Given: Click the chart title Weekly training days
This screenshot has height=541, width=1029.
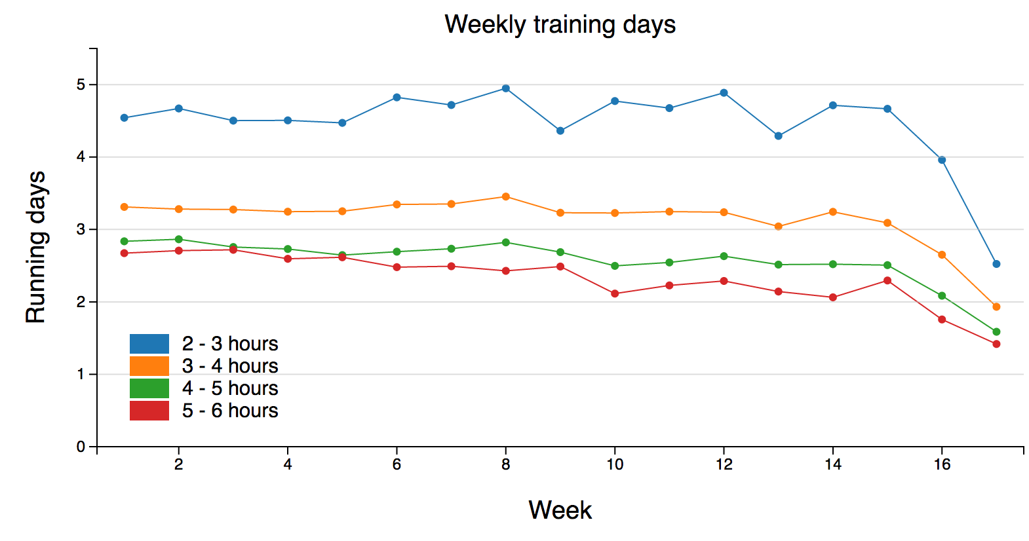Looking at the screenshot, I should pyautogui.click(x=560, y=25).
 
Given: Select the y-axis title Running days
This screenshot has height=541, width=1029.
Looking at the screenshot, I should pyautogui.click(x=35, y=247).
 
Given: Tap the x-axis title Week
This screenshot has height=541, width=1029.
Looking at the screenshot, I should pyautogui.click(x=560, y=510).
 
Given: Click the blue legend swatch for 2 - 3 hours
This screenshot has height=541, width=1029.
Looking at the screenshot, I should pyautogui.click(x=149, y=344).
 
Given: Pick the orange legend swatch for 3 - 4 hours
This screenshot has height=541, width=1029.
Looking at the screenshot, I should pyautogui.click(x=149, y=366).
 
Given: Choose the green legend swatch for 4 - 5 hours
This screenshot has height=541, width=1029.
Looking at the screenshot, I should pyautogui.click(x=149, y=388).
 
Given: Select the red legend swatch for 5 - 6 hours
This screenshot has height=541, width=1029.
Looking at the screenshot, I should pyautogui.click(x=149, y=411).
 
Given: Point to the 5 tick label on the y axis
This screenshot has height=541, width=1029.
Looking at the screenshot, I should pyautogui.click(x=81, y=84).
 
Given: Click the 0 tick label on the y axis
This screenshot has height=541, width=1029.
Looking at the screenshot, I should pyautogui.click(x=81, y=447).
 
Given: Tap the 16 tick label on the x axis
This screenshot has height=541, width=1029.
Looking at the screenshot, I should pyautogui.click(x=942, y=464).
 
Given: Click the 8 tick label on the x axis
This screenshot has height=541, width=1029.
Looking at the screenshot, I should pyautogui.click(x=505, y=464).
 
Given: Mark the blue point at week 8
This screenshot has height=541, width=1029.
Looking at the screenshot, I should pyautogui.click(x=505, y=88).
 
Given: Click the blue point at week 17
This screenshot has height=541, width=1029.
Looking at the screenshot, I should pyautogui.click(x=996, y=264).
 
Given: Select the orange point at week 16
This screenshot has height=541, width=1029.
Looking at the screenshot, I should pyautogui.click(x=942, y=255).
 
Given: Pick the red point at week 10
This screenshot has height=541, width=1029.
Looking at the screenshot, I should pyautogui.click(x=615, y=293).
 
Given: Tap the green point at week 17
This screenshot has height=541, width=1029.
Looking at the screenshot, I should pyautogui.click(x=996, y=332).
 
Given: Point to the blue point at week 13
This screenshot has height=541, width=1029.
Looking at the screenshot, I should pyautogui.click(x=778, y=136).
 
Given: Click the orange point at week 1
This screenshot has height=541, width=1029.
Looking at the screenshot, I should pyautogui.click(x=125, y=207).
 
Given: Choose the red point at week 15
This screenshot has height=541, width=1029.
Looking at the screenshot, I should pyautogui.click(x=887, y=280).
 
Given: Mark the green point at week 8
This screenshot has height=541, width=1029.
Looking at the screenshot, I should pyautogui.click(x=505, y=242).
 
